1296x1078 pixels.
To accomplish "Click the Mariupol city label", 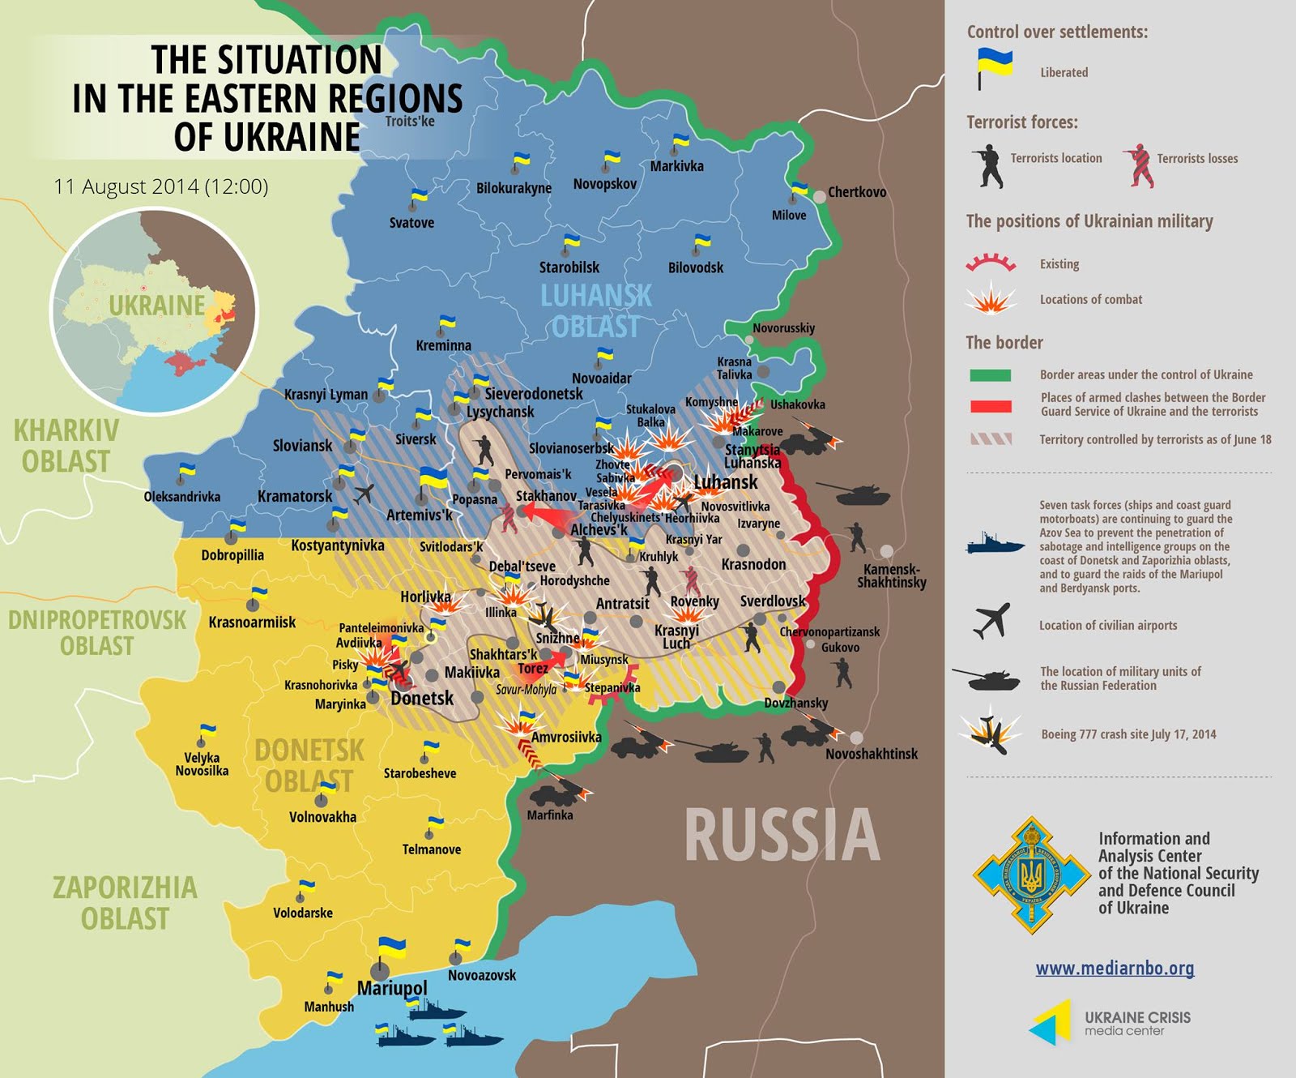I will click(392, 988).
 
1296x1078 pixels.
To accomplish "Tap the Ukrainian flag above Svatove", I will click(418, 197).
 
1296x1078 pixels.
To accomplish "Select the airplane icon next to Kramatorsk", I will click(364, 493).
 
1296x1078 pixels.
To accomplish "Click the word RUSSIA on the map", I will click(782, 836).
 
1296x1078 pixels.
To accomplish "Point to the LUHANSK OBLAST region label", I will click(596, 311).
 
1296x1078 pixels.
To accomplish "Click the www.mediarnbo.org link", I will click(1115, 968).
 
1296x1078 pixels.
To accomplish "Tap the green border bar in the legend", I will click(990, 375).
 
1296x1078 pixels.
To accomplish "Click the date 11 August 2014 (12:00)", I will click(160, 186).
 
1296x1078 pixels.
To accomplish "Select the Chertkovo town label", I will click(856, 192).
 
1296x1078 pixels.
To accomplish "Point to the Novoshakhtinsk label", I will click(872, 754).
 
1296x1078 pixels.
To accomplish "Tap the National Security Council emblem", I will click(1031, 875).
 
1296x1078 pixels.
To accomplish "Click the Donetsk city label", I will click(422, 698).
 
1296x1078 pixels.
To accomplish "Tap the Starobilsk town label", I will click(569, 267).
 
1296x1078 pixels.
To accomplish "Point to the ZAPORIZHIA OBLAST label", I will click(125, 903).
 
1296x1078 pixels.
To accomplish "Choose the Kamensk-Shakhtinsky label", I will click(892, 575).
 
